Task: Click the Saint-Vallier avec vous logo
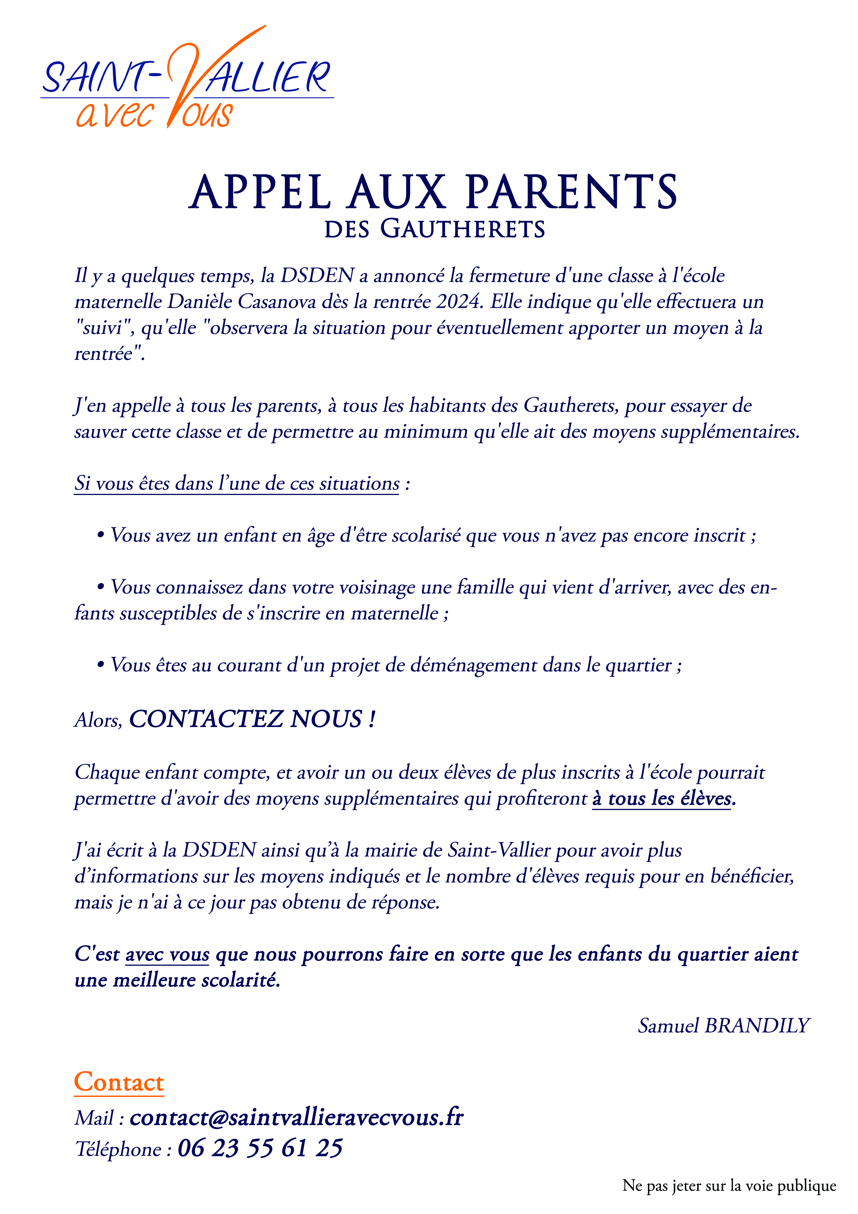point(187,79)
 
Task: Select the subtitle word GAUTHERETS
point(463,229)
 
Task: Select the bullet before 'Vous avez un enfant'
point(100,535)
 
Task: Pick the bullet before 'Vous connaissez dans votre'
point(100,587)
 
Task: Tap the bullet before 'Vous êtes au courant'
point(100,665)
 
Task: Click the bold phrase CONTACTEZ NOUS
point(252,719)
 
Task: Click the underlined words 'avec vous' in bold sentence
point(168,954)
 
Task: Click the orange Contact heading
point(119,1082)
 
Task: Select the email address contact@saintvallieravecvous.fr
point(297,1117)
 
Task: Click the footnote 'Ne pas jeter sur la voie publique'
point(729,1185)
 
